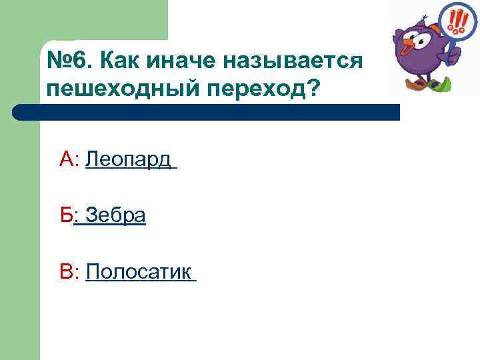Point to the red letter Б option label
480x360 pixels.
click(66, 216)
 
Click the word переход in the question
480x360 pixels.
click(259, 89)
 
